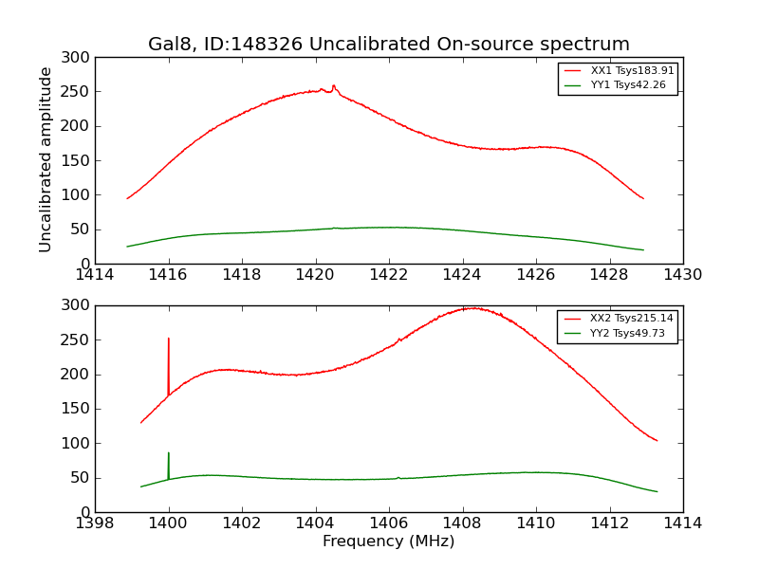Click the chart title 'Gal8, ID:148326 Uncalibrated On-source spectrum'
click(389, 45)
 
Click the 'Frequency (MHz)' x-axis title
click(389, 541)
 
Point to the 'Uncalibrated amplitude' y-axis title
click(46, 160)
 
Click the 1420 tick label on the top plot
click(315, 275)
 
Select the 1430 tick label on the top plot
click(682, 275)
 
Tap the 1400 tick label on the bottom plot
click(168, 523)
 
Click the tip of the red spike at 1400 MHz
click(169, 339)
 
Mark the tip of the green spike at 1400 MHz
click(169, 453)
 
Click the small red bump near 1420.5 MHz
click(333, 85)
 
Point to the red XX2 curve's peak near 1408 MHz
click(470, 307)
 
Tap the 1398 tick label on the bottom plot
click(95, 523)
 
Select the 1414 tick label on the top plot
click(95, 275)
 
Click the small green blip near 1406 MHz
click(398, 477)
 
